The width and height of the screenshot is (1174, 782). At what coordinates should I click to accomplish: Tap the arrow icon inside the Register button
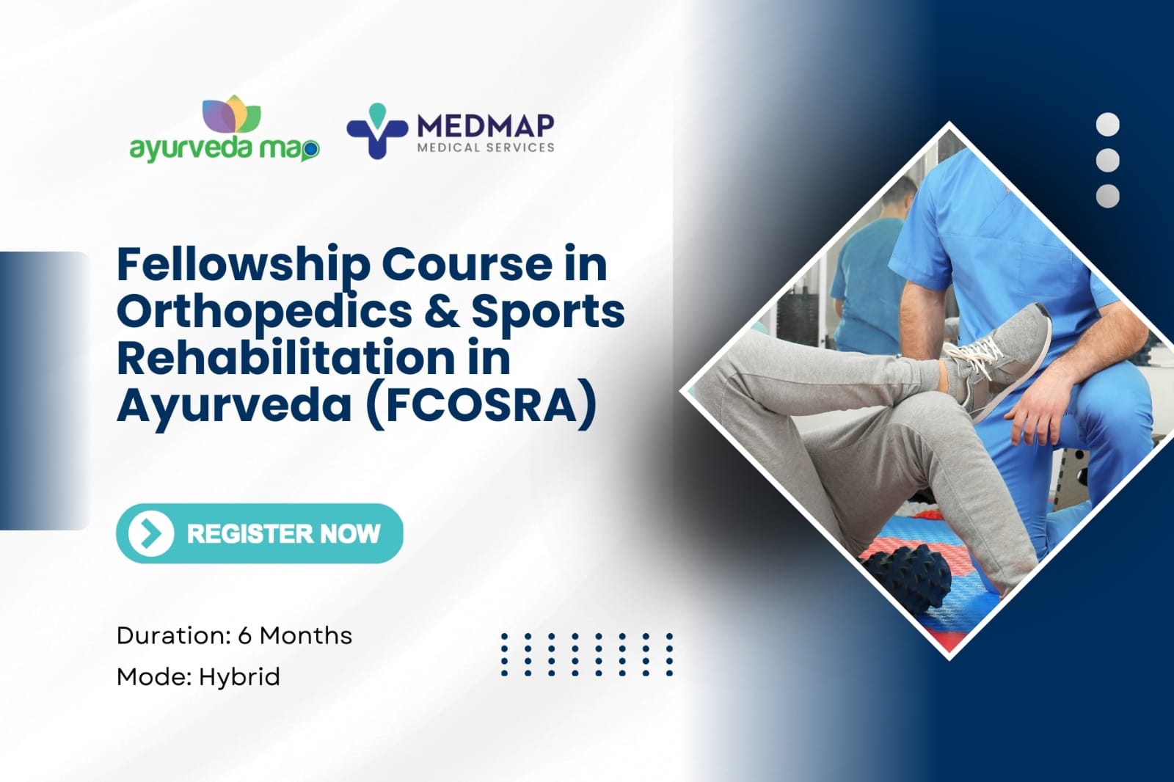click(151, 533)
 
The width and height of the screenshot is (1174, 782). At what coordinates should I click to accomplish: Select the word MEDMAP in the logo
click(486, 126)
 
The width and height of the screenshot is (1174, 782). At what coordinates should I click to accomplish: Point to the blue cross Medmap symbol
click(376, 132)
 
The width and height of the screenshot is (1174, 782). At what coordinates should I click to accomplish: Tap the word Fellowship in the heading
click(243, 264)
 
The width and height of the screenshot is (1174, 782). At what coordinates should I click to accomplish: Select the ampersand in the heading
click(441, 311)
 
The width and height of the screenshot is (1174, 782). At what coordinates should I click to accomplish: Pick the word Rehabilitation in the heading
click(286, 358)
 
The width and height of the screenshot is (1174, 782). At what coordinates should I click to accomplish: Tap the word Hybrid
click(239, 676)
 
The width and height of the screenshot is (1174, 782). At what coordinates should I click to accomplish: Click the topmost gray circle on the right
click(1107, 125)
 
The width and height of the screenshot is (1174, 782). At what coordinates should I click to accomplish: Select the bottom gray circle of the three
click(1107, 196)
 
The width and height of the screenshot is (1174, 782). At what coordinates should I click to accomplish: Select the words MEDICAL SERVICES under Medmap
click(486, 147)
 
